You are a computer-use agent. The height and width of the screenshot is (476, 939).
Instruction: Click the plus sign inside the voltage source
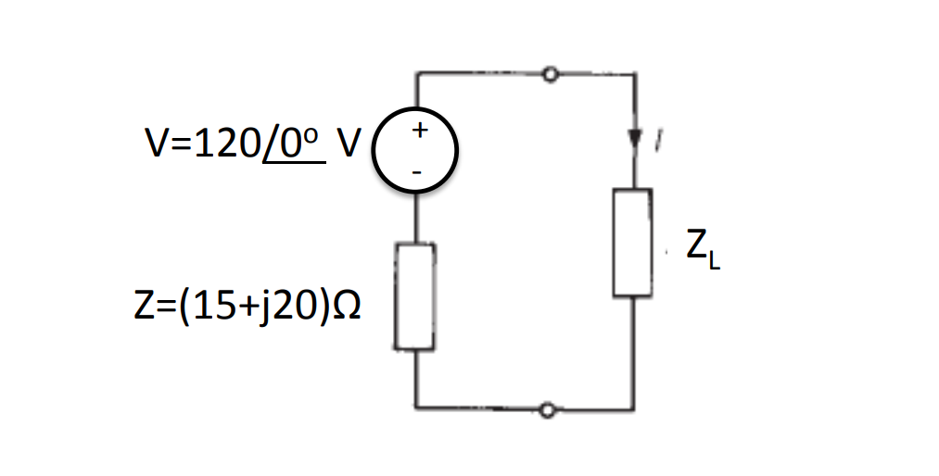(x=418, y=131)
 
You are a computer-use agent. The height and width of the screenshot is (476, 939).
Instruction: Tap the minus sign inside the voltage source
(x=417, y=171)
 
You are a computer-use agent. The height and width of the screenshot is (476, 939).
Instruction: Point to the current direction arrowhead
(x=634, y=140)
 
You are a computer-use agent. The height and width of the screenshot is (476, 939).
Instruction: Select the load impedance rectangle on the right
(x=632, y=243)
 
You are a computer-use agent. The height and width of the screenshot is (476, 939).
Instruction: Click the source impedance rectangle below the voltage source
(x=414, y=296)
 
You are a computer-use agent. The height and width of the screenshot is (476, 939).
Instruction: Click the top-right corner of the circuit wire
(x=634, y=73)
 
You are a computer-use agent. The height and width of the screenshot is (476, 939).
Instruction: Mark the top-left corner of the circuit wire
(x=416, y=73)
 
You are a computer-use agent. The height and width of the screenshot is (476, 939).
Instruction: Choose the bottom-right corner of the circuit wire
(x=634, y=409)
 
